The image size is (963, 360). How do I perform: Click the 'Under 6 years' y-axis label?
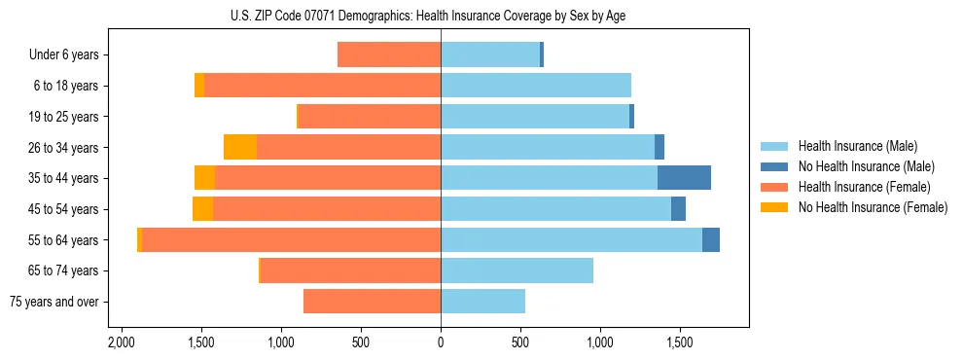pyautogui.click(x=63, y=55)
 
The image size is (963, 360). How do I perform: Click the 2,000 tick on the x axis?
pyautogui.click(x=121, y=342)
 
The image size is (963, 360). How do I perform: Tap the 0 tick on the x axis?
pyautogui.click(x=441, y=342)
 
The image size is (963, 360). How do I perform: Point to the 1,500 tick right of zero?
pyautogui.click(x=679, y=342)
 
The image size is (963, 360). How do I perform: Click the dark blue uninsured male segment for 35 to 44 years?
pyautogui.click(x=684, y=178)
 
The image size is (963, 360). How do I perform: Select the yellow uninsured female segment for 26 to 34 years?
pyautogui.click(x=239, y=147)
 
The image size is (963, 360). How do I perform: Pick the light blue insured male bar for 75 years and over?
pyautogui.click(x=482, y=302)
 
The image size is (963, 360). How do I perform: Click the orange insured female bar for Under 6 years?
pyautogui.click(x=389, y=55)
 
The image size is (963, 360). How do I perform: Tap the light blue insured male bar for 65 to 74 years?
pyautogui.click(x=517, y=270)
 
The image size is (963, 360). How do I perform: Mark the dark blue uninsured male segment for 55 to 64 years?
pyautogui.click(x=710, y=239)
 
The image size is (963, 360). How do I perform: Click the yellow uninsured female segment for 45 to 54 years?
pyautogui.click(x=202, y=209)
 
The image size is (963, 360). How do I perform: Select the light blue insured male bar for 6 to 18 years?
pyautogui.click(x=536, y=86)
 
